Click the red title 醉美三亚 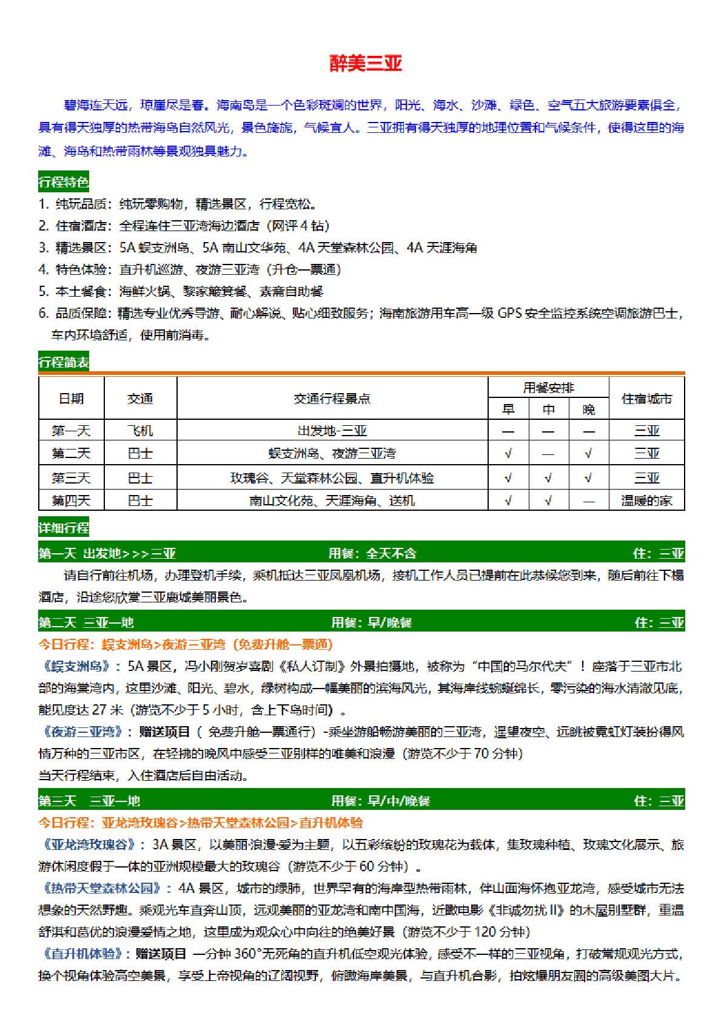366,63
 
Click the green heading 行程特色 64,181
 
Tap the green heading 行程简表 64,362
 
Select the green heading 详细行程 64,528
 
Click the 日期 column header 71,399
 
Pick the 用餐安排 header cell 548,388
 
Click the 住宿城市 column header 646,399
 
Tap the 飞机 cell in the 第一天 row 140,431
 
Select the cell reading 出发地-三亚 332,431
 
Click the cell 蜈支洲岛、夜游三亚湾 332,453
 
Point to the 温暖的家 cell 646,500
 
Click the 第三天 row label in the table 71,478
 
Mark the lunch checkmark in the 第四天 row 548,500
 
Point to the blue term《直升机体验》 84,954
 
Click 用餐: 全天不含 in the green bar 372,553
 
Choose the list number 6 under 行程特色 43,313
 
